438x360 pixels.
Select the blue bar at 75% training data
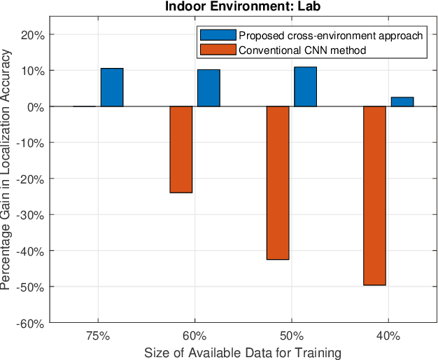coord(112,88)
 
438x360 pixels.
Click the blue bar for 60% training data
coord(209,88)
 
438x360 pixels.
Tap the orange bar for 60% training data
coord(181,149)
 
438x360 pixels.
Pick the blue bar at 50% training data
coord(305,87)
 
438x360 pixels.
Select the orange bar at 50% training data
coord(278,183)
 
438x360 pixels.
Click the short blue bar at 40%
coord(402,102)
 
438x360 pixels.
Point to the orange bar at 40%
coord(374,195)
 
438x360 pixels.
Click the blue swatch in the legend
coord(218,36)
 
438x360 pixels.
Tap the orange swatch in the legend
coord(218,50)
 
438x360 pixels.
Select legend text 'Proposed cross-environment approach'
coord(330,36)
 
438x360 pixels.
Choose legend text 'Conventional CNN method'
coord(302,50)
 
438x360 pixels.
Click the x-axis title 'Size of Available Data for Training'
coord(243,352)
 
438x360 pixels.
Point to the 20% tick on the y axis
coord(34,34)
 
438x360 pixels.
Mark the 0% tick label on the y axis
coord(36,106)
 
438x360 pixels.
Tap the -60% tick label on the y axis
coord(32,323)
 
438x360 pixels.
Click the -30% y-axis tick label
coord(32,214)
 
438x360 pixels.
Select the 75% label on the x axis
coord(98,335)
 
